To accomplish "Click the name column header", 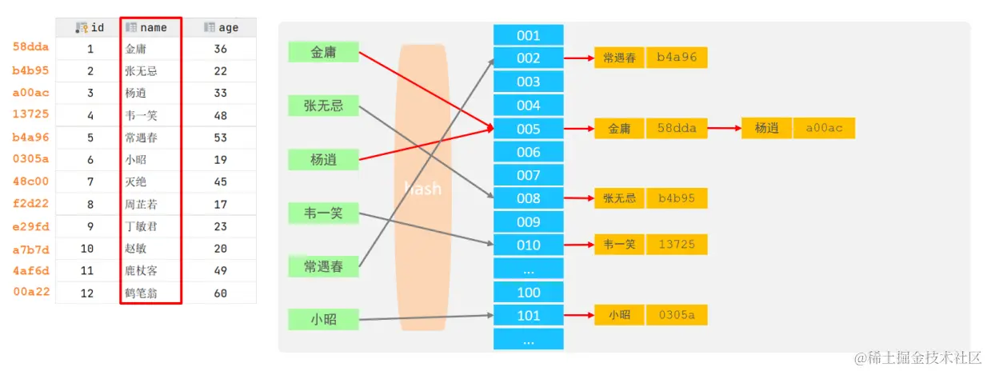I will click(x=151, y=27).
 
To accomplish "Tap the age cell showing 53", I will click(x=221, y=138).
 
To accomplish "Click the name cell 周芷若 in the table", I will click(x=142, y=204).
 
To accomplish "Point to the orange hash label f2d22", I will click(x=31, y=203).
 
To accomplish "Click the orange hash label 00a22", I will click(x=31, y=292).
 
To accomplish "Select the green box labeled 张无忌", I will click(x=323, y=106).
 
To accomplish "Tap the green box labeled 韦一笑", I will click(x=323, y=213).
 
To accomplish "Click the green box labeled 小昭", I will click(x=323, y=319).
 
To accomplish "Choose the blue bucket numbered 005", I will click(x=528, y=129).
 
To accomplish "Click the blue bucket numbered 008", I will click(x=528, y=198).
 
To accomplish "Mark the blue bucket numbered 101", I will click(x=528, y=316).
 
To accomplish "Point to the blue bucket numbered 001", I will click(x=528, y=35).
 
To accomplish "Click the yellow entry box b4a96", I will click(x=677, y=58).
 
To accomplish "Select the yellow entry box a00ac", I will click(x=824, y=128).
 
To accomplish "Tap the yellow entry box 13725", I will click(x=677, y=244).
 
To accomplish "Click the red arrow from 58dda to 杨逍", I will click(x=725, y=128).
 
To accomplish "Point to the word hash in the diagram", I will click(x=422, y=189).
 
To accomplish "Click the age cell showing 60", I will click(x=221, y=293).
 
